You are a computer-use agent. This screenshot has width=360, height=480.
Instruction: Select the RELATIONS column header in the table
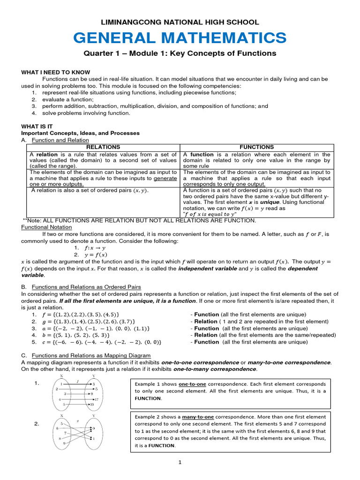click(101, 147)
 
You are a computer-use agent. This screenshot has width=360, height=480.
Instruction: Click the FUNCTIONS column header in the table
click(256, 147)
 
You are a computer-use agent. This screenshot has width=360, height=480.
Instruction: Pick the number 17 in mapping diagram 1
click(96, 399)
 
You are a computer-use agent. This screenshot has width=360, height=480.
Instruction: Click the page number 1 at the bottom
click(179, 463)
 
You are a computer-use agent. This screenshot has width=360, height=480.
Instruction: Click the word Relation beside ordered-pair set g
click(205, 322)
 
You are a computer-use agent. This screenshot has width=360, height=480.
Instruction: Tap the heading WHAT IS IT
click(37, 126)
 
